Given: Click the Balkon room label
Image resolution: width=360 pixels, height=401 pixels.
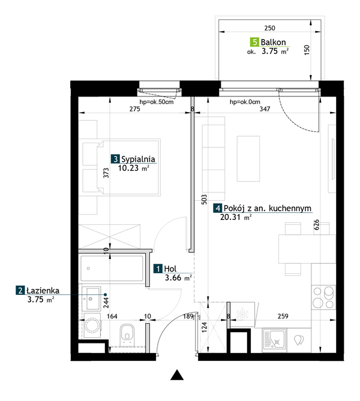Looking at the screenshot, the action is (273, 42).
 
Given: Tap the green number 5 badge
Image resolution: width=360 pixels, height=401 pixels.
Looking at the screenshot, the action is (254, 42).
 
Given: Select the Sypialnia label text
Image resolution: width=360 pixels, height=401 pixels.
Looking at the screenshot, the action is (138, 159).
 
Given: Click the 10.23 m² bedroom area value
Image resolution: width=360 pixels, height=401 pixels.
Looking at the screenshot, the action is (133, 168).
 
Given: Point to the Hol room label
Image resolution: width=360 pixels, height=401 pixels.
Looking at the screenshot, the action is (170, 269).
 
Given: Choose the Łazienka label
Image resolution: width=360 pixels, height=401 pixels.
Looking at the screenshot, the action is (43, 291).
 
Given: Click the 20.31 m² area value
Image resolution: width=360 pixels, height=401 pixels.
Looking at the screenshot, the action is (236, 218).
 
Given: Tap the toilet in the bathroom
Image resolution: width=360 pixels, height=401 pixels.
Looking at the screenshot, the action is (127, 334).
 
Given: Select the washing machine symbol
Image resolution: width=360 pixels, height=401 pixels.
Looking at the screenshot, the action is (92, 325).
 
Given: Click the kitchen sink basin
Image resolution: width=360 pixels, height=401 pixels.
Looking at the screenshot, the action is (274, 340).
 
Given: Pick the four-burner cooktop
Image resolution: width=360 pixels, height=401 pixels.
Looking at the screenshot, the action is (323, 297).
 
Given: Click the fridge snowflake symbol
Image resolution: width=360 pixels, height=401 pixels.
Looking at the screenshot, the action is (242, 314).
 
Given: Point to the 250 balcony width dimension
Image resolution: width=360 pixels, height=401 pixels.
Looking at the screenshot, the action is (269, 28).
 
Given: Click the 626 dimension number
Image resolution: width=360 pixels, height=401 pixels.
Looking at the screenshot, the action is (316, 225).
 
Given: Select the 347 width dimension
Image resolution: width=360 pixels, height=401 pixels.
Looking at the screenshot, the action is (265, 109).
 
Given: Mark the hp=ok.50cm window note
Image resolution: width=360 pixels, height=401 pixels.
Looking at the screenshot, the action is (157, 102).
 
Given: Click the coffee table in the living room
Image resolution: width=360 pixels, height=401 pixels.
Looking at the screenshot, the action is (248, 159).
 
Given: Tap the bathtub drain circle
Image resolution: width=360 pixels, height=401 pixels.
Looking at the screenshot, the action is (88, 269).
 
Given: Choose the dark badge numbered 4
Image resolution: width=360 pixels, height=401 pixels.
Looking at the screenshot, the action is (218, 208).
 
